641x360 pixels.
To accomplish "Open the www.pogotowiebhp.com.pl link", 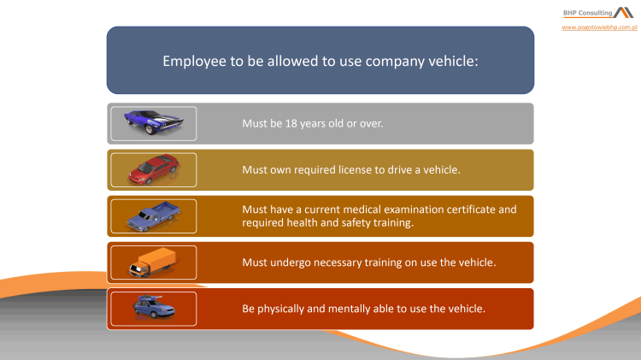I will pos(600,28).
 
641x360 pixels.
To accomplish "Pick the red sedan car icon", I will pos(153,169).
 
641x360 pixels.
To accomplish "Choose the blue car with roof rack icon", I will pos(152,308).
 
